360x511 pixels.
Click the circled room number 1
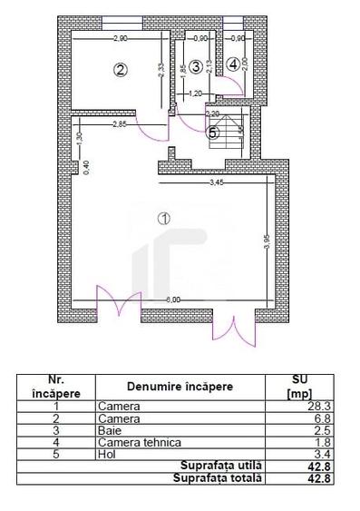coord(163,218)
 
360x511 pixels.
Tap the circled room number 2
coord(119,68)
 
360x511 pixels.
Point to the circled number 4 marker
coord(233,64)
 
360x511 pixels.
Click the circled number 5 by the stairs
coord(213,132)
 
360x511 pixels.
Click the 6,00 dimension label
coord(172,300)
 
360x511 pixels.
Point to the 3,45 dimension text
coord(216,184)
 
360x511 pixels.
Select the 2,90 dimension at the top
coord(120,39)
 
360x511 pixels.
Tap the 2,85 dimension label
coord(118,123)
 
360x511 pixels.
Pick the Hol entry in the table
coord(104,455)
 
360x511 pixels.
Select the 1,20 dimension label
coord(194,93)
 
